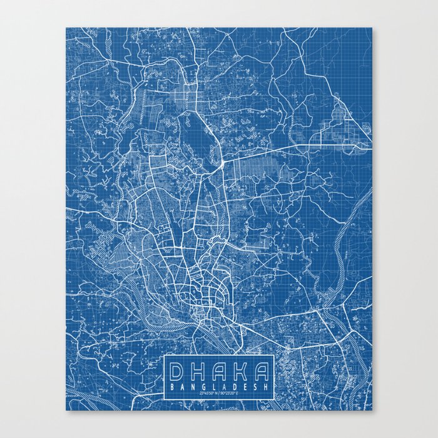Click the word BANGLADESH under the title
(x=219, y=387)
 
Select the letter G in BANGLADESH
(x=204, y=387)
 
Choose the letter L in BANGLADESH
(x=215, y=387)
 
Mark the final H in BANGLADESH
(x=265, y=387)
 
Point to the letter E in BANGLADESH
(x=245, y=387)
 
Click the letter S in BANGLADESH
(x=255, y=387)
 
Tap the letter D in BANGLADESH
(x=235, y=387)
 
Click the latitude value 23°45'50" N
(x=206, y=393)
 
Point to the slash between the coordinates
(x=219, y=393)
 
